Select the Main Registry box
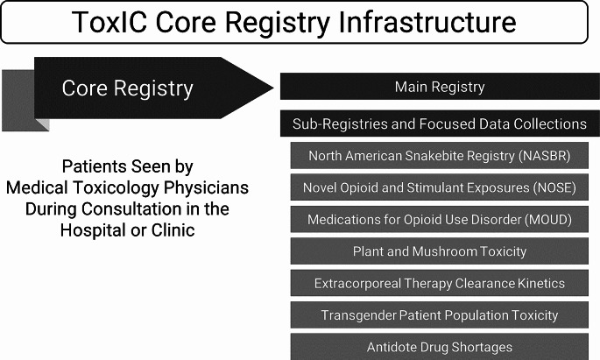(440, 87)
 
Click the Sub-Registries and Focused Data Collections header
(440, 124)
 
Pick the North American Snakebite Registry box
(440, 156)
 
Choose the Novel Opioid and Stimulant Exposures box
(440, 187)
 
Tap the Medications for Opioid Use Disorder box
(440, 219)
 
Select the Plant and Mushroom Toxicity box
(440, 251)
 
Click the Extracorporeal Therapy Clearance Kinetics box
(440, 283)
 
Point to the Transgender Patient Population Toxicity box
(440, 314)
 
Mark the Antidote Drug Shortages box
(440, 347)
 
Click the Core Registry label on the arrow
(127, 88)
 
